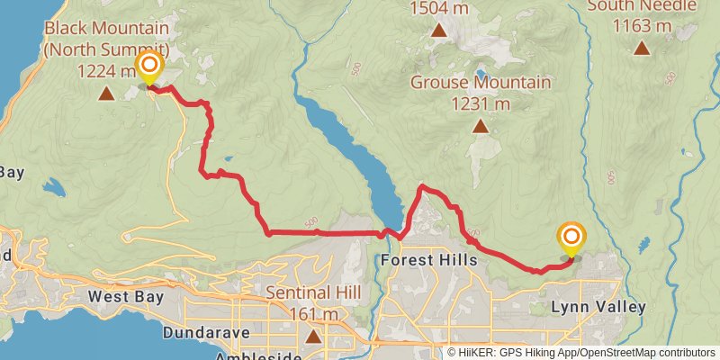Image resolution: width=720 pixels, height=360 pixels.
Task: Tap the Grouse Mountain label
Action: point(481,83)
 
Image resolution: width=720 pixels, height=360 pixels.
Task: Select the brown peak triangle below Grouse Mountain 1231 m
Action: point(481,126)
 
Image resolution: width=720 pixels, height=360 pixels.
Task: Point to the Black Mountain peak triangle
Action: point(106,93)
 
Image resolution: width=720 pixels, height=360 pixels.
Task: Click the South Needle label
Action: point(642,6)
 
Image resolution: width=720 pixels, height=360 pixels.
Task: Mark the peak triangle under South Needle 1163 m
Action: point(642,48)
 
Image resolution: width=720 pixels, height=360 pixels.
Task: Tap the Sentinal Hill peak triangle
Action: point(312,337)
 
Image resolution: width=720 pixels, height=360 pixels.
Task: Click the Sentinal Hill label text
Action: point(313,293)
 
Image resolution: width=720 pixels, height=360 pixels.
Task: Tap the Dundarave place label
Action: point(204,332)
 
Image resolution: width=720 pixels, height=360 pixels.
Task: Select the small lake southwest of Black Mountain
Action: point(54,188)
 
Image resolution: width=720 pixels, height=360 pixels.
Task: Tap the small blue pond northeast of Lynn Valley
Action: point(643,244)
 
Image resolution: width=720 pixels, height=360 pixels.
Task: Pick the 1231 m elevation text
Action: point(481,103)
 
